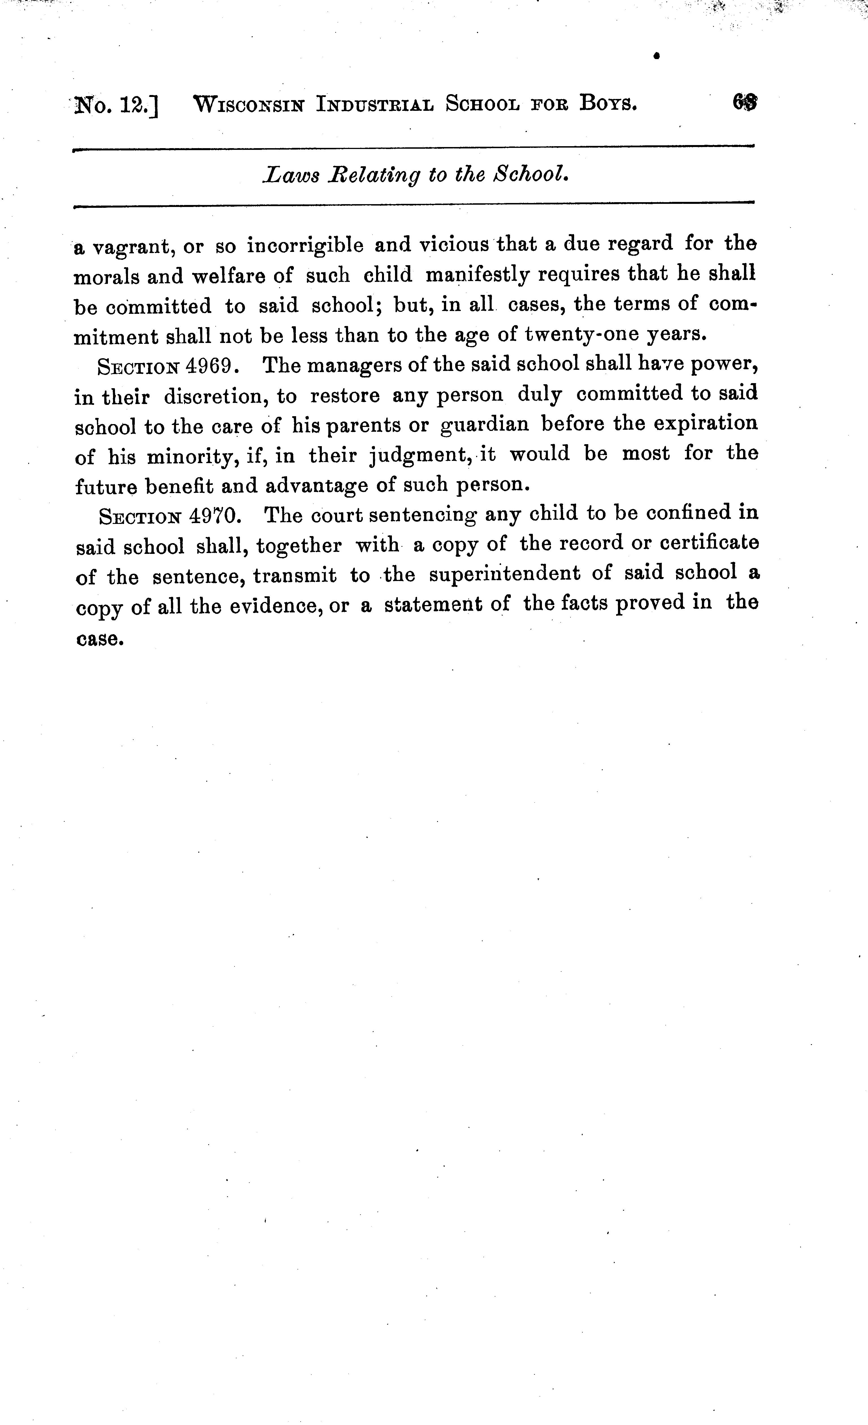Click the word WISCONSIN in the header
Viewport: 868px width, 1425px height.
click(x=249, y=105)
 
